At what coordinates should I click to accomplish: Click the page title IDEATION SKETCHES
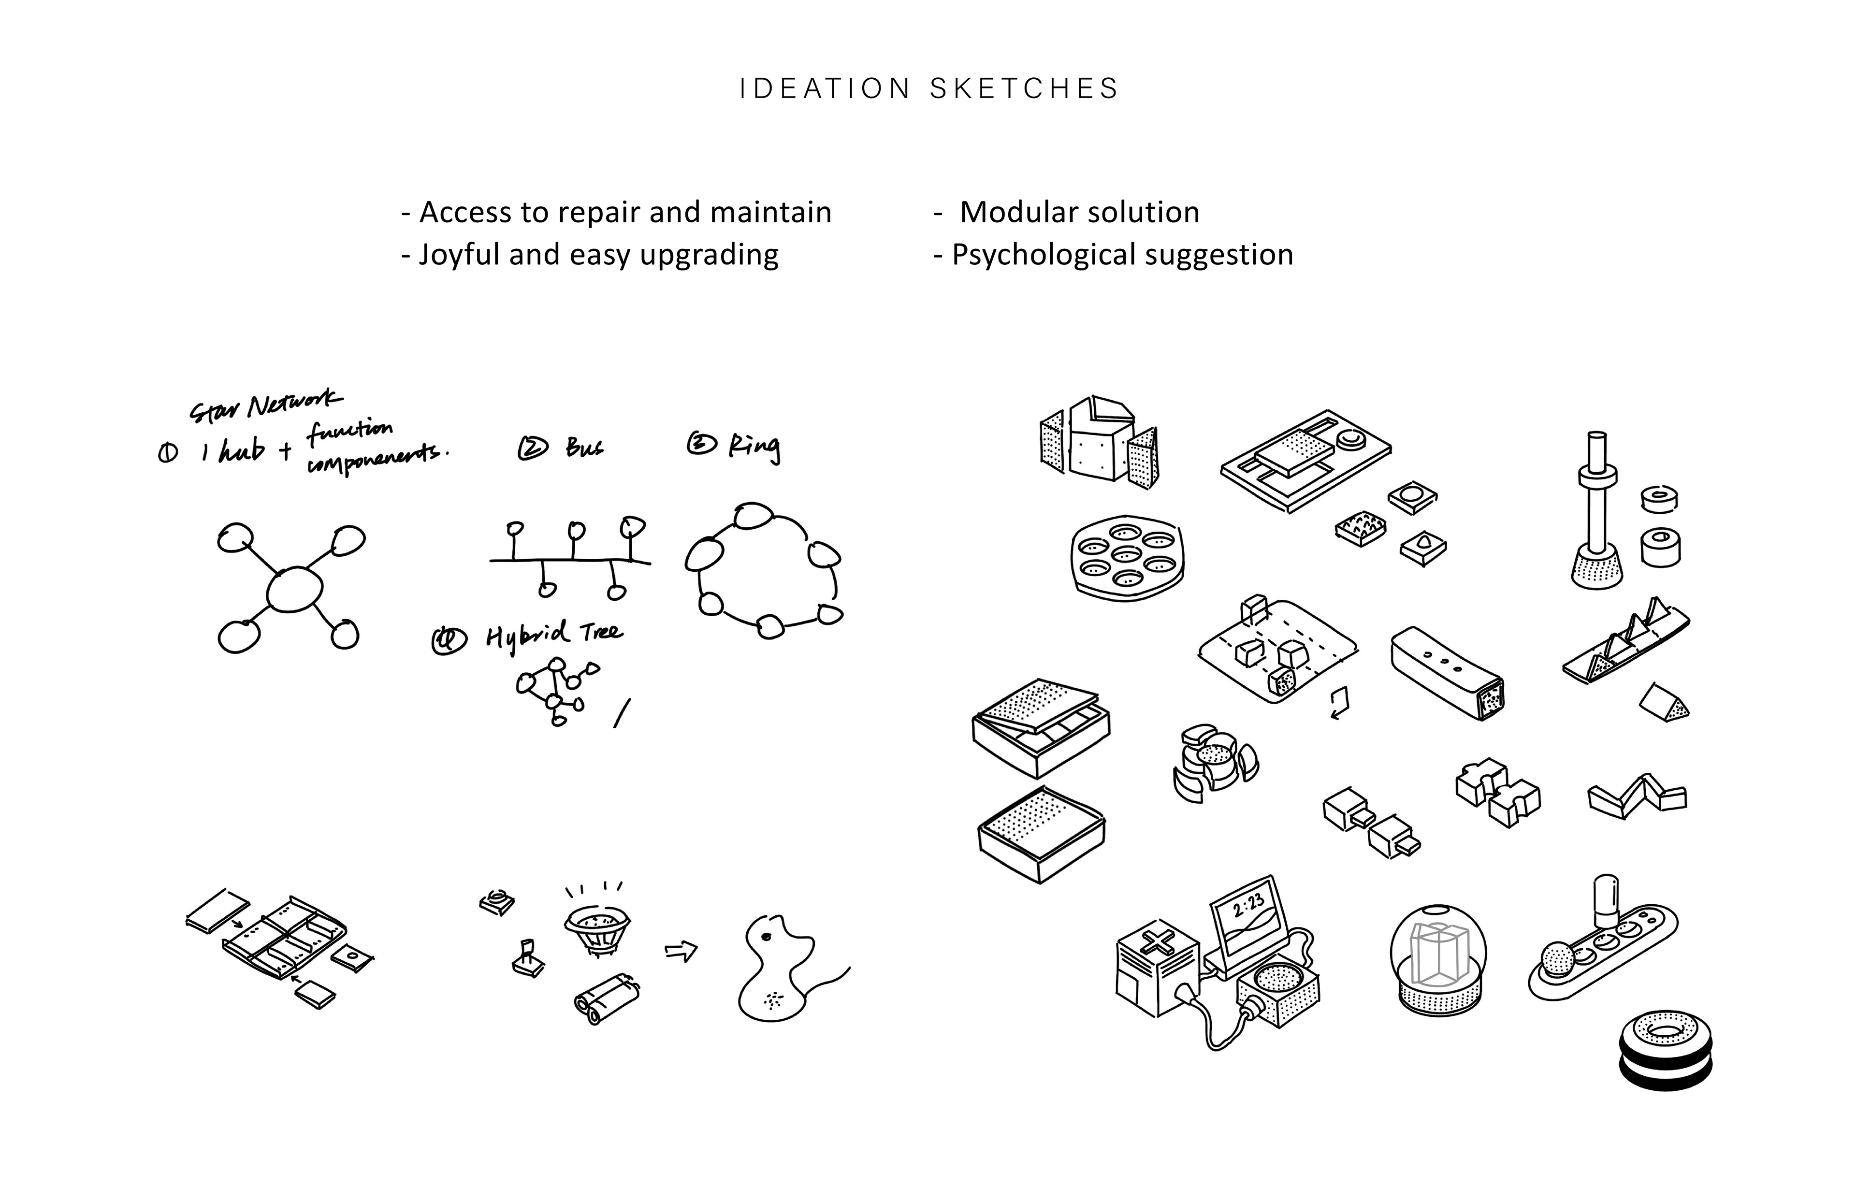coord(928,89)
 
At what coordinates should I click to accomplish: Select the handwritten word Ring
coord(754,446)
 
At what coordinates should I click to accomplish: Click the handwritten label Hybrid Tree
coord(554,636)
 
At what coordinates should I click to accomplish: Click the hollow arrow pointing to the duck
coord(680,952)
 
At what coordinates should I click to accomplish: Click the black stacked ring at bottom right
coord(1665,1053)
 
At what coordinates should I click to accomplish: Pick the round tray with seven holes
coord(1127,557)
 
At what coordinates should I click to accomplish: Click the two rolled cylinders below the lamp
coord(607,1000)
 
